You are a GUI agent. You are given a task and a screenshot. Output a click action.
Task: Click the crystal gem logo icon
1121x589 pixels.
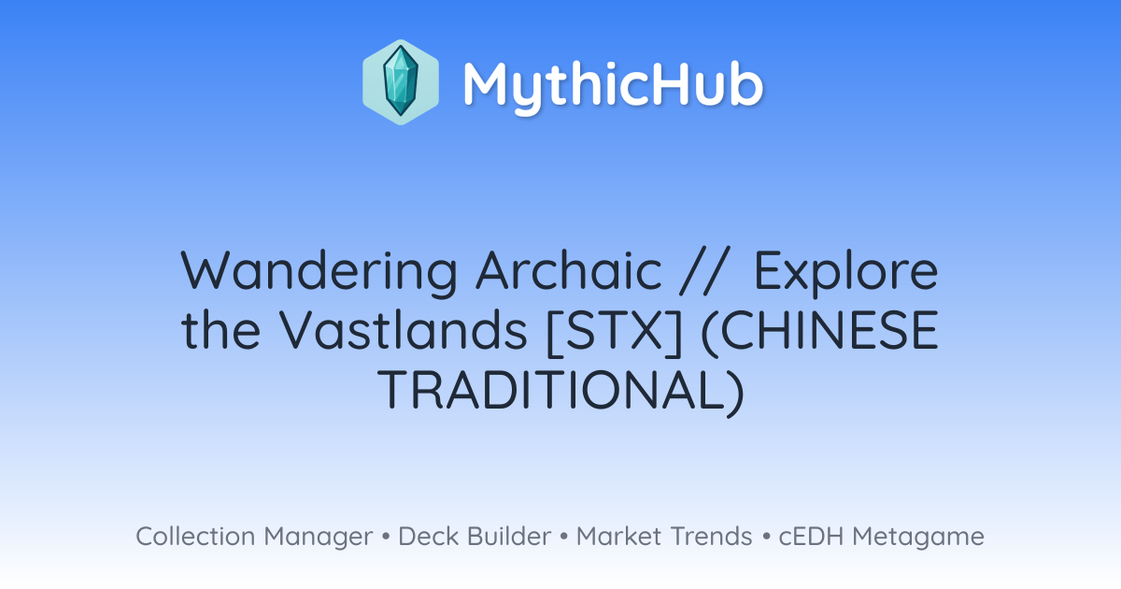point(401,82)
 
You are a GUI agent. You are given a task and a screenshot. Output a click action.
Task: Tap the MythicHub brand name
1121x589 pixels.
point(613,85)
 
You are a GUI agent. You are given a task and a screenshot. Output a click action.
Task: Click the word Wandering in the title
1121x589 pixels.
point(319,272)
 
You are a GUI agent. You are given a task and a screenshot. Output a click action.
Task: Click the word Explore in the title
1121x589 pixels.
point(845,273)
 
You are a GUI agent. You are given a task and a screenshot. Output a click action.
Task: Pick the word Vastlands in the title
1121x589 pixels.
point(404,330)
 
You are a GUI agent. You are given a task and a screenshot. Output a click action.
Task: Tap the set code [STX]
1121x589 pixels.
point(615,332)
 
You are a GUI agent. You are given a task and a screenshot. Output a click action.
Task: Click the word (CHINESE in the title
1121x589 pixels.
point(820,332)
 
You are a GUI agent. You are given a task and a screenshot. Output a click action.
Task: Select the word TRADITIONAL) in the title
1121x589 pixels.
point(561,391)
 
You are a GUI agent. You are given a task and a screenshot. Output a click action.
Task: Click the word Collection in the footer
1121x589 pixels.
point(195,537)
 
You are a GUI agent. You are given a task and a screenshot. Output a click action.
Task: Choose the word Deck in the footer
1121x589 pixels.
point(429,537)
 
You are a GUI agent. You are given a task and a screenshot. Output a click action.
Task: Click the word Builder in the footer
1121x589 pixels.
point(509,537)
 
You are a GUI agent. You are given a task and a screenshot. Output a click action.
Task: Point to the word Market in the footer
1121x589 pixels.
point(618,537)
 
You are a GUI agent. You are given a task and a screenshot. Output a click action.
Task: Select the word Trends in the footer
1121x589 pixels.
point(711,537)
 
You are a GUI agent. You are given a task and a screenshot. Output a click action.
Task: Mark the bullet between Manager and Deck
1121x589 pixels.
point(385,537)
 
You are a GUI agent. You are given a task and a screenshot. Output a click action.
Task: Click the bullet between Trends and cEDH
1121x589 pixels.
point(766,537)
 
